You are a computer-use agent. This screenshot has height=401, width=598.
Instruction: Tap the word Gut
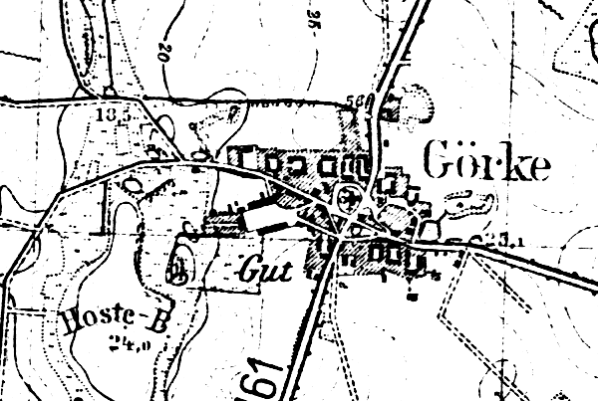pos(261,268)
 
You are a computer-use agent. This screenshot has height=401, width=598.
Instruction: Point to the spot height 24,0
pos(123,343)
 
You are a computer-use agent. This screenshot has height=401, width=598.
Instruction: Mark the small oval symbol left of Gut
pos(179,265)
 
